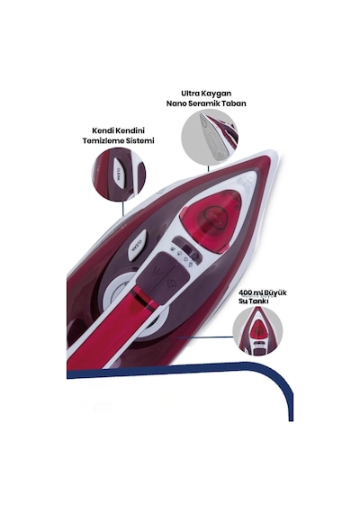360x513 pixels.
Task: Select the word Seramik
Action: [x=207, y=103]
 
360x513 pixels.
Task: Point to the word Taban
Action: [x=237, y=103]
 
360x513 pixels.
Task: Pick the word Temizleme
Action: [x=101, y=140]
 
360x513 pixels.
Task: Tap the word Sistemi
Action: [x=138, y=140]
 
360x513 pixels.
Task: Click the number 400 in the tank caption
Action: [x=246, y=292]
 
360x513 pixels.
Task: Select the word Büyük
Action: [x=275, y=292]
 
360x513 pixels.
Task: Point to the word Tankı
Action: [x=258, y=301]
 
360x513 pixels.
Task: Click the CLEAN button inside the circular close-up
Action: [x=118, y=173]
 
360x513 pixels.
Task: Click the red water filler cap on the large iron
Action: [x=212, y=217]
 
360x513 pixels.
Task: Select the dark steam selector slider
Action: [x=185, y=247]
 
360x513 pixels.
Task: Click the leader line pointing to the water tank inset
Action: [x=205, y=337]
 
